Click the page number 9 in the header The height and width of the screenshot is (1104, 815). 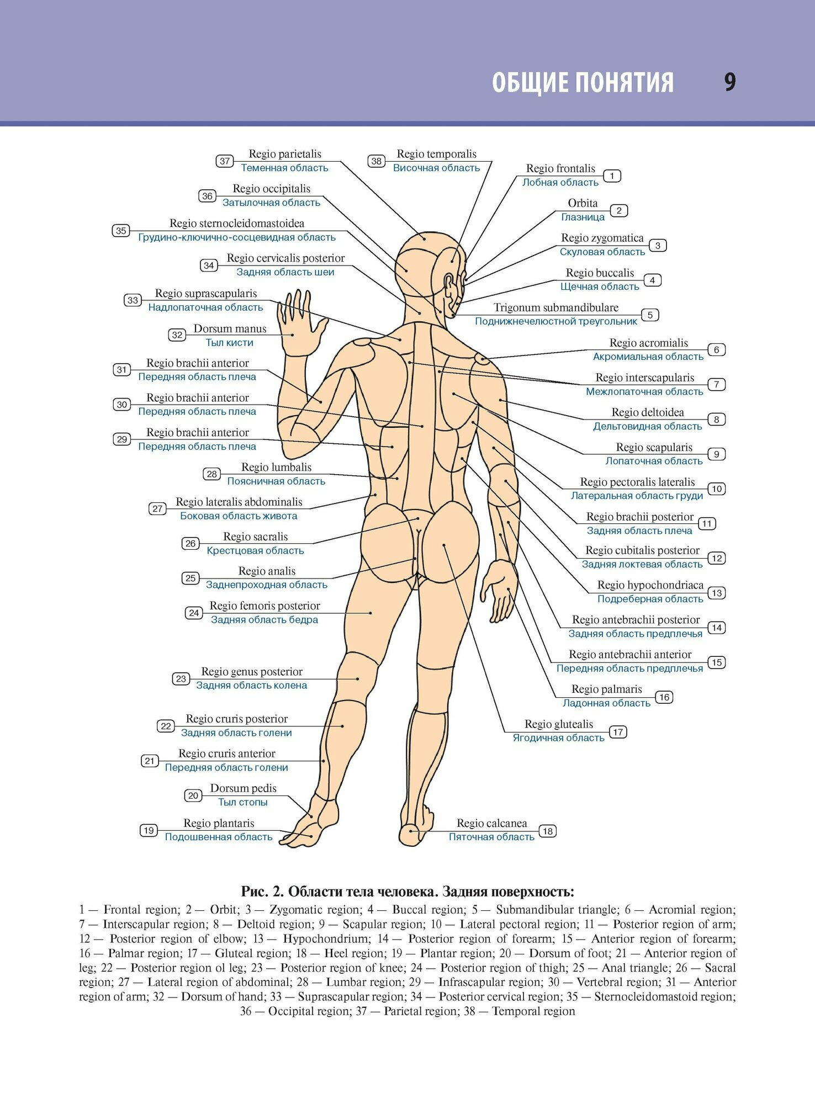(730, 82)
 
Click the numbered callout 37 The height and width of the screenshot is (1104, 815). (225, 161)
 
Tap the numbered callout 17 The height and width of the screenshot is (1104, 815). (618, 732)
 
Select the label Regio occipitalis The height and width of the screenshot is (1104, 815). (271, 189)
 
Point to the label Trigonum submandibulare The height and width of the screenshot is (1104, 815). (555, 307)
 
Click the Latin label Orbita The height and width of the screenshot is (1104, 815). (583, 203)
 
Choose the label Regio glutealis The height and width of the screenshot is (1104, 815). (558, 724)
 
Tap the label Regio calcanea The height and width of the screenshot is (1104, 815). (491, 823)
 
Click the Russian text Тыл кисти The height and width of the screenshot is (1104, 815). (229, 343)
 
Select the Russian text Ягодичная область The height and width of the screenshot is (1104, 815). (558, 738)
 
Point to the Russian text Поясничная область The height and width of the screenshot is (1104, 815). (276, 481)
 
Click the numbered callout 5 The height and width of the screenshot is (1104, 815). (650, 315)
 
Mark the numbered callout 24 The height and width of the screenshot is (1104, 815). (194, 613)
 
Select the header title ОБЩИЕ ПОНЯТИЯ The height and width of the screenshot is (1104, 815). (583, 83)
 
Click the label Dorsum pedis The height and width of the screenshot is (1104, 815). (243, 788)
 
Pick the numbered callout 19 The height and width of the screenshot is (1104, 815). (149, 830)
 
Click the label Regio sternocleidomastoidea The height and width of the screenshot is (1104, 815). (236, 224)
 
